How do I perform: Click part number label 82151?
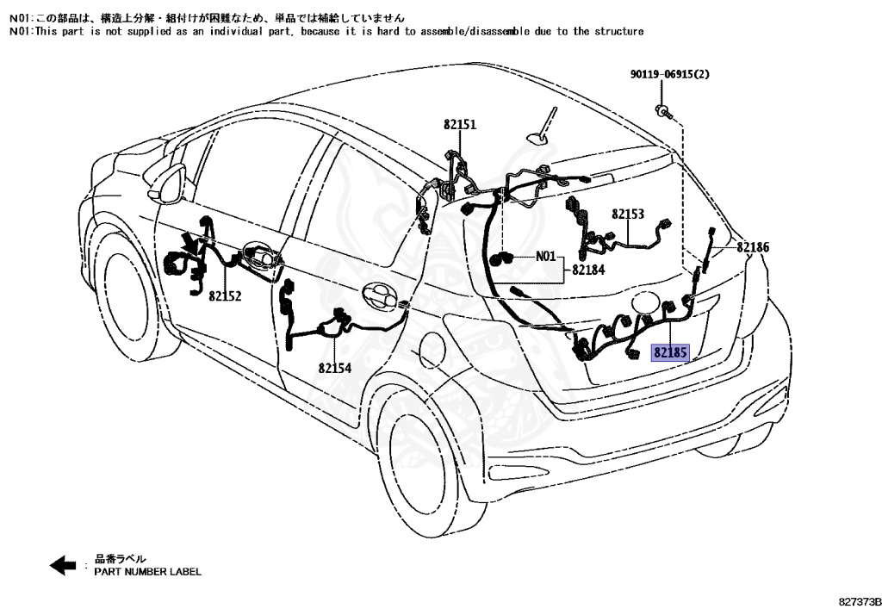[x=460, y=125]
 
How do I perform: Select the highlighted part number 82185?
[x=670, y=352]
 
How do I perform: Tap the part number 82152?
[x=225, y=295]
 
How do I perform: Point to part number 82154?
[x=334, y=368]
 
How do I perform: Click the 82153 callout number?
[x=629, y=214]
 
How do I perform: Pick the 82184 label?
[x=587, y=270]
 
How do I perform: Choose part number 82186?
[x=752, y=247]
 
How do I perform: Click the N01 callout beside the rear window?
[x=546, y=256]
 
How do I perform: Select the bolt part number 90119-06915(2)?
[x=669, y=75]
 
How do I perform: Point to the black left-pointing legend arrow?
[x=63, y=566]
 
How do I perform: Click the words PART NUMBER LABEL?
[x=147, y=572]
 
